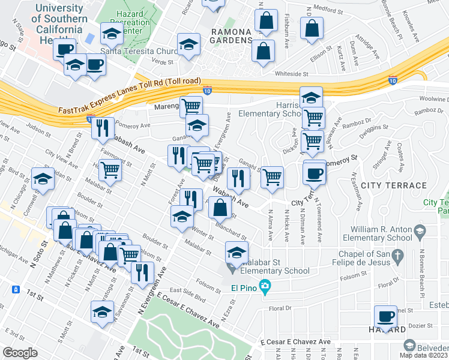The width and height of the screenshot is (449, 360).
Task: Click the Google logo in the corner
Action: [x=20, y=353]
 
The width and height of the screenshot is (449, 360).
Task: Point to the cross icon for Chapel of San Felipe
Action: [x=396, y=258]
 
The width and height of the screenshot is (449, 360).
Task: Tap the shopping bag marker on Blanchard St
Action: [x=220, y=208]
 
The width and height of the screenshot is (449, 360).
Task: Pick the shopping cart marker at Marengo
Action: [x=191, y=107]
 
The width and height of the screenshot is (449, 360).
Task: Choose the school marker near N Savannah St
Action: [x=102, y=312]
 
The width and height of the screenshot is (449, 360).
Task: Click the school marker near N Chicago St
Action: [x=42, y=178]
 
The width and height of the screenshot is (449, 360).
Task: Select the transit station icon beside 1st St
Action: [x=14, y=290]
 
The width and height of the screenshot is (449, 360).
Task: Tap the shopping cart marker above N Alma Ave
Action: [x=273, y=177]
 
